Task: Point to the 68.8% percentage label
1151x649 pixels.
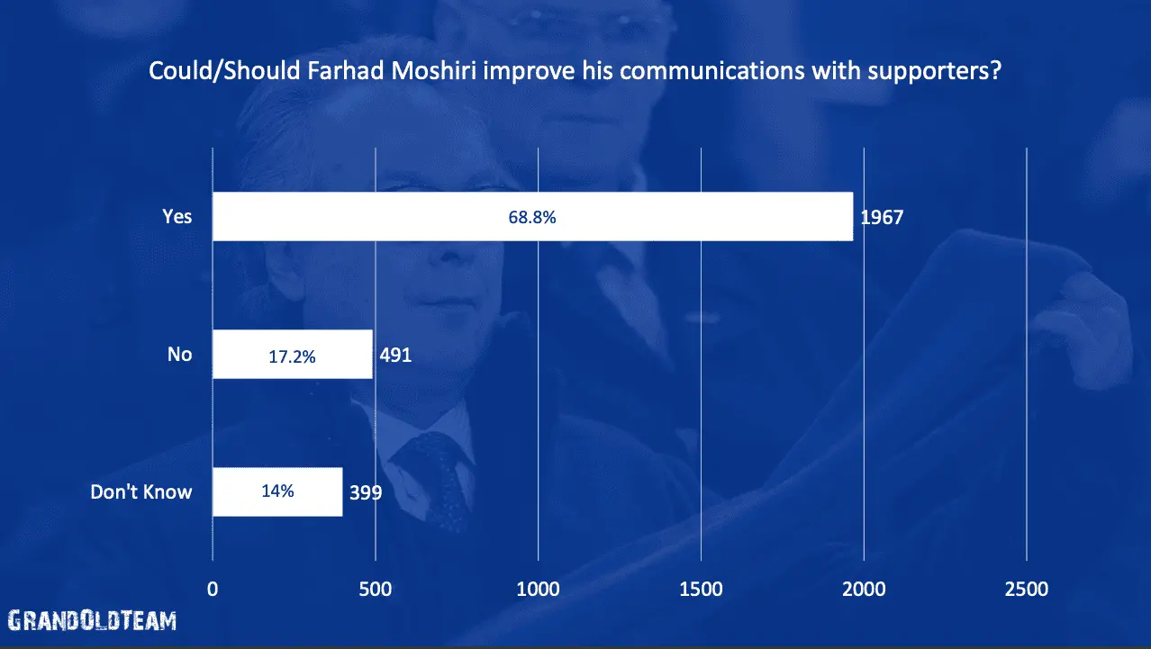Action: coord(532,217)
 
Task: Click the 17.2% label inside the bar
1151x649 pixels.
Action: coord(292,356)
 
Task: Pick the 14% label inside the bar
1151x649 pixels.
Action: coord(277,492)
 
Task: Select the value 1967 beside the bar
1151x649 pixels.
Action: coord(882,218)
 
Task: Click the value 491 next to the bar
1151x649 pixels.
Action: coord(394,356)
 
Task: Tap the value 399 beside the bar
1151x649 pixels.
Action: coord(367,493)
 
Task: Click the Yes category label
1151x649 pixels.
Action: coord(177,217)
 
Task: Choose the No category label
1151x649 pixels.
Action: coord(180,355)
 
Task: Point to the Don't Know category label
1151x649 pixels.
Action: coord(141,492)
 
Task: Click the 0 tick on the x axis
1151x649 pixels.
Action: coord(213,590)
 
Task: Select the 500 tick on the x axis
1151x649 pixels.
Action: coord(375,590)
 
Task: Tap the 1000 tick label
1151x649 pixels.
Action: coord(538,590)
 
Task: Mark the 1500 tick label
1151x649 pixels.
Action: coord(701,590)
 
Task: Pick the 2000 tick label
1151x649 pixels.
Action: coord(864,590)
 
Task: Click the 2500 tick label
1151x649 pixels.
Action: coord(1027,590)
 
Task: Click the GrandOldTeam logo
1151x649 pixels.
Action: coord(92,620)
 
